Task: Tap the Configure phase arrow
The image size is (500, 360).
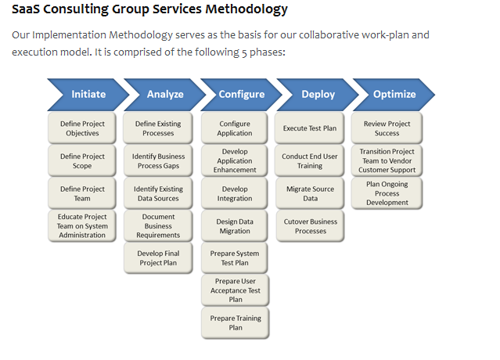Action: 241,95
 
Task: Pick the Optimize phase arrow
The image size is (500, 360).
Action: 394,95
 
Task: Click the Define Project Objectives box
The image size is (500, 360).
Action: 82,128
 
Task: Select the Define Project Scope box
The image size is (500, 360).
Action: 82,161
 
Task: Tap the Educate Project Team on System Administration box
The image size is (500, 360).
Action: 82,225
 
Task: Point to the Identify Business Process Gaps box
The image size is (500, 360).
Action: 159,161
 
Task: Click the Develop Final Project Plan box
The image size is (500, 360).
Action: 158,258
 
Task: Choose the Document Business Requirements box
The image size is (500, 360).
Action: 158,226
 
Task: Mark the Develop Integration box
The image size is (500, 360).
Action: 235,194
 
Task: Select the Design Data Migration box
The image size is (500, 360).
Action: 235,226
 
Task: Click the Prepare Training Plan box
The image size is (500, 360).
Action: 236,323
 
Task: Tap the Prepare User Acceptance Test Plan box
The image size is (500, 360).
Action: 236,290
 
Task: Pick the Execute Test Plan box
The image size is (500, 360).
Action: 310,128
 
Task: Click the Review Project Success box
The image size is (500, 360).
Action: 387,128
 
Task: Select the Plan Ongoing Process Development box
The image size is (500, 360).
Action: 387,193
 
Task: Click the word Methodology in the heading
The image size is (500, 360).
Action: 240,10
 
